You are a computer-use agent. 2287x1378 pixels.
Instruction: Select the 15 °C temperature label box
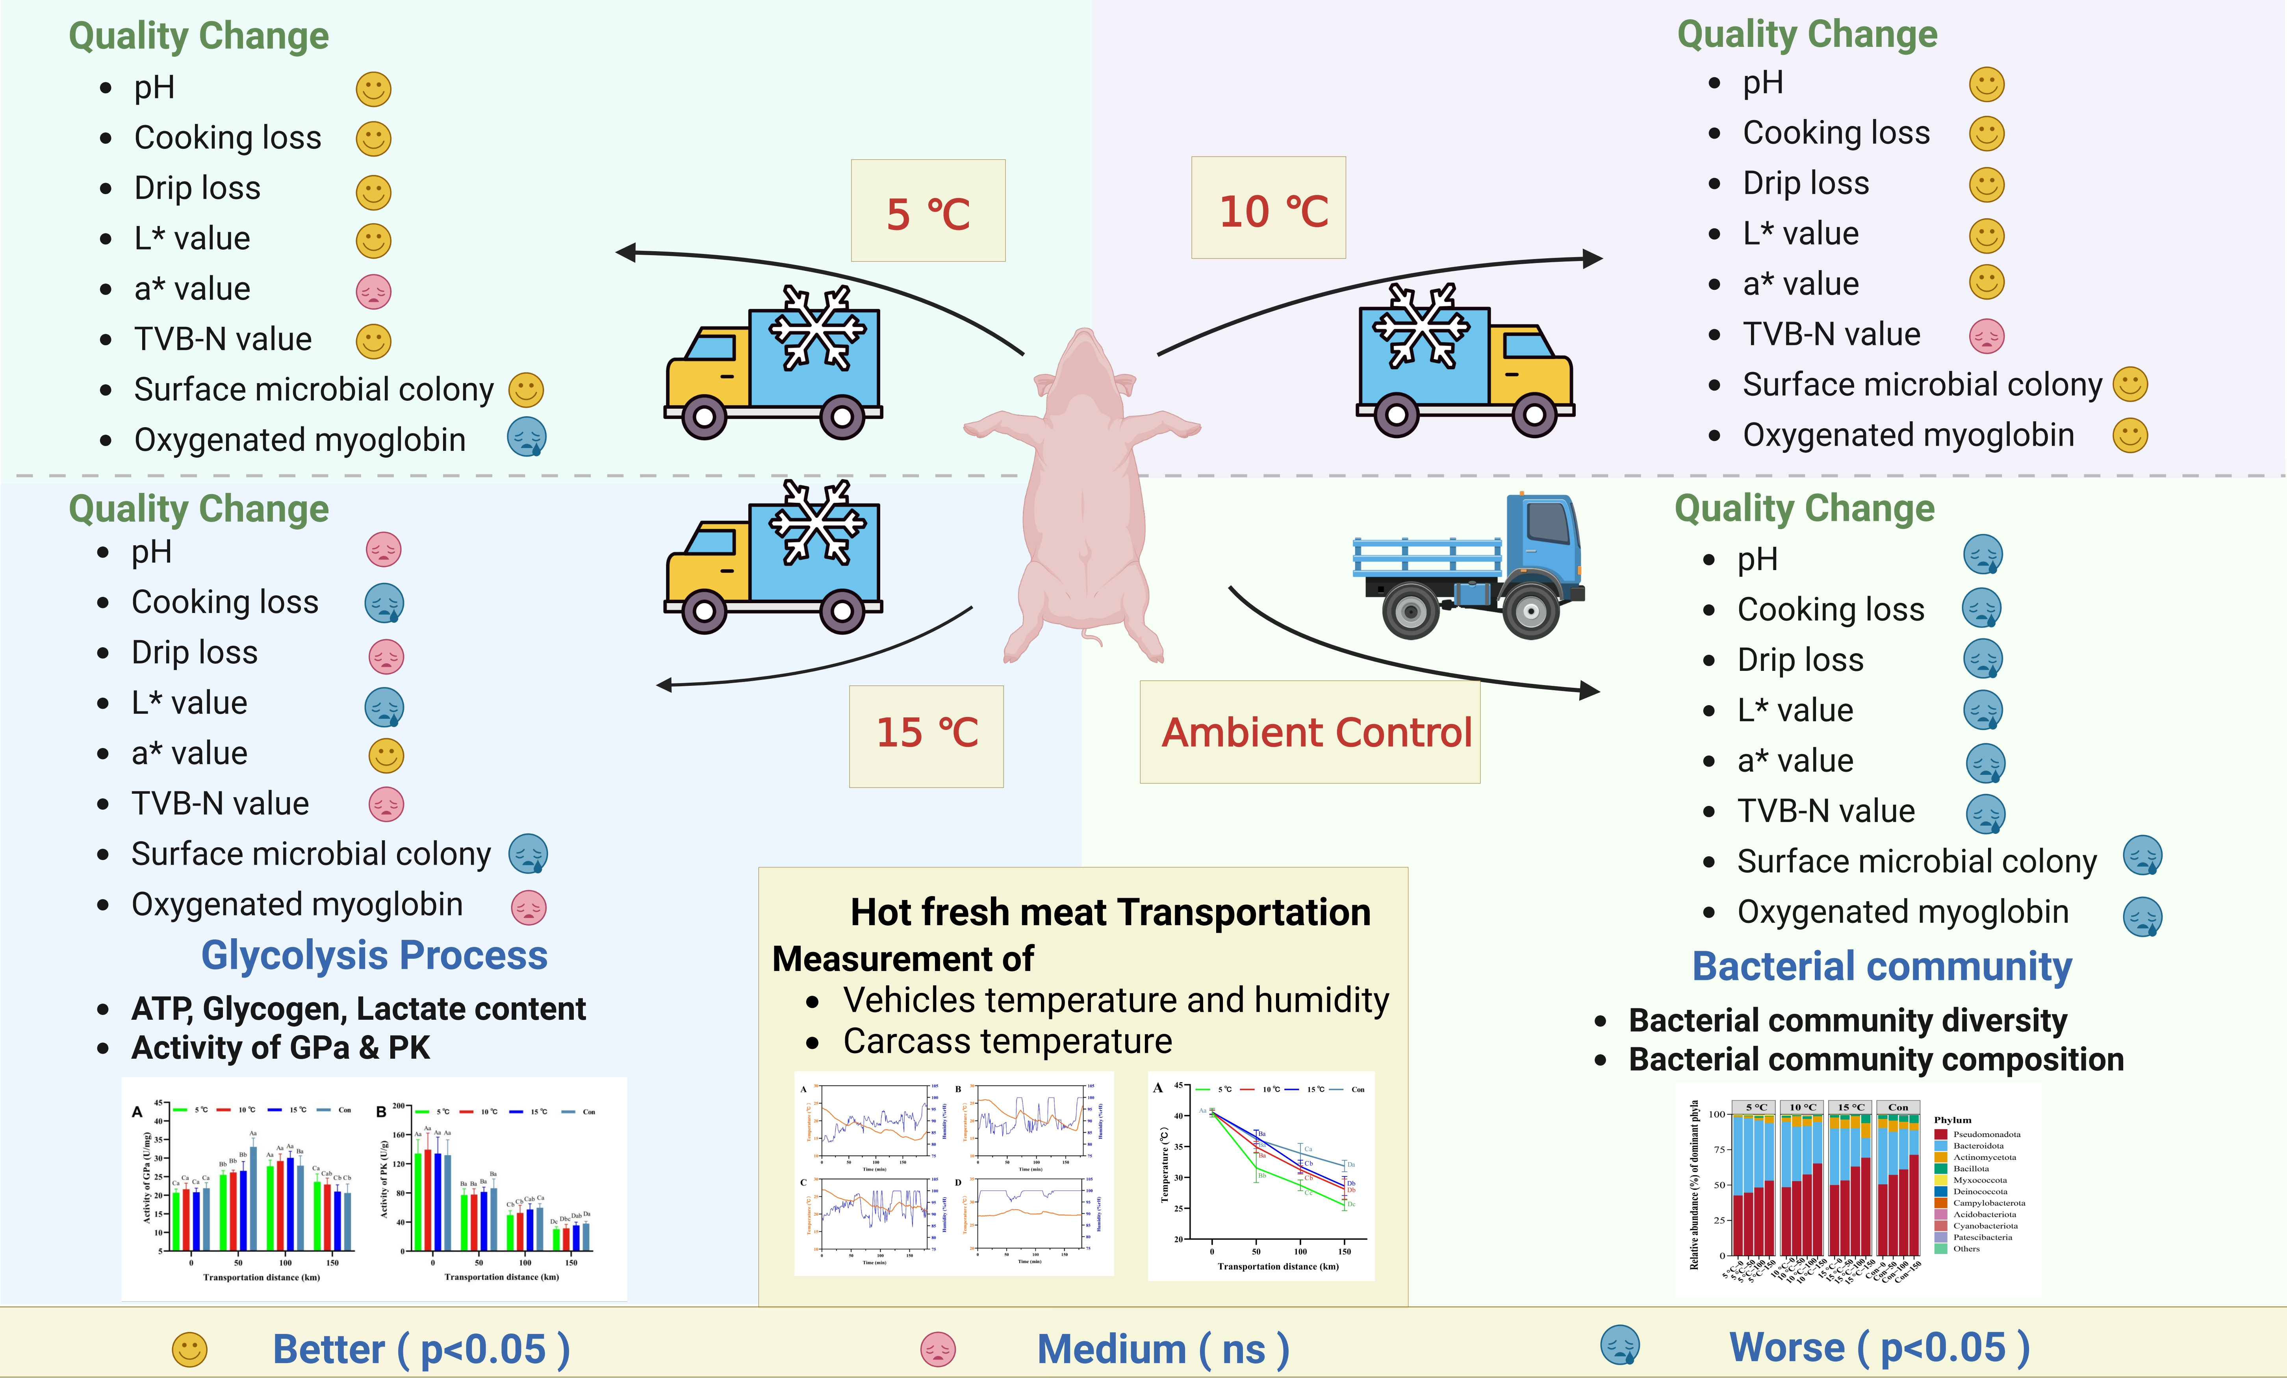[x=926, y=735]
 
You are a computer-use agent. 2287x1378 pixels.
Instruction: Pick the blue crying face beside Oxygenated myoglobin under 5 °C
[x=526, y=437]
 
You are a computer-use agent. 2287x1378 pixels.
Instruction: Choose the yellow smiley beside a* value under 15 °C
[x=386, y=756]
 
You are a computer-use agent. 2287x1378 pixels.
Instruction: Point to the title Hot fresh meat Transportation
[x=1110, y=912]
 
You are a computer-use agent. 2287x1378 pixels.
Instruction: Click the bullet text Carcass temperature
[x=1007, y=1041]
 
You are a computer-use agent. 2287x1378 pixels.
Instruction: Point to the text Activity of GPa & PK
[x=280, y=1048]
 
